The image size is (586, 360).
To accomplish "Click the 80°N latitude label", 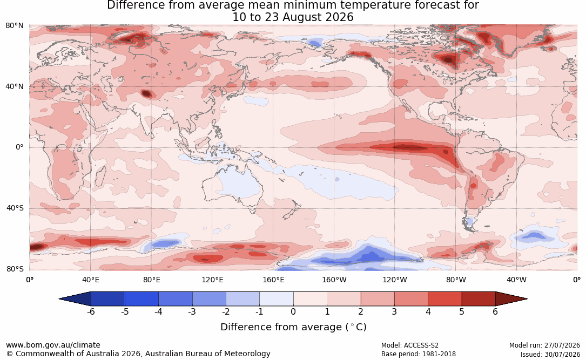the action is point(14,26).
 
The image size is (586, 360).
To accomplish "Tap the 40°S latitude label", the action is point(15,208).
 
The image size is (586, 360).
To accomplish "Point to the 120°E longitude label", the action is point(212,280).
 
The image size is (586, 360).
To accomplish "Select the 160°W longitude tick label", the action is point(334,280).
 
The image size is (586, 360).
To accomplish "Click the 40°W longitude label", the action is point(516,280).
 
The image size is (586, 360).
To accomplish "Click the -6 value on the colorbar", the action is point(91,311).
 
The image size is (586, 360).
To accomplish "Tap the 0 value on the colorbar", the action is point(293,311).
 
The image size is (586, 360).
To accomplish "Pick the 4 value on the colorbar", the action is point(428,311).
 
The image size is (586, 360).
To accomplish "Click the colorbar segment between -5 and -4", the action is point(142,299).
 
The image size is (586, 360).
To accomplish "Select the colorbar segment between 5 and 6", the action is point(479,299).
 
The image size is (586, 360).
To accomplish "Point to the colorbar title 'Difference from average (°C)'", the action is point(293,327).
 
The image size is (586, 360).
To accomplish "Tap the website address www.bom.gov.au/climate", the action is point(53,345).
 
